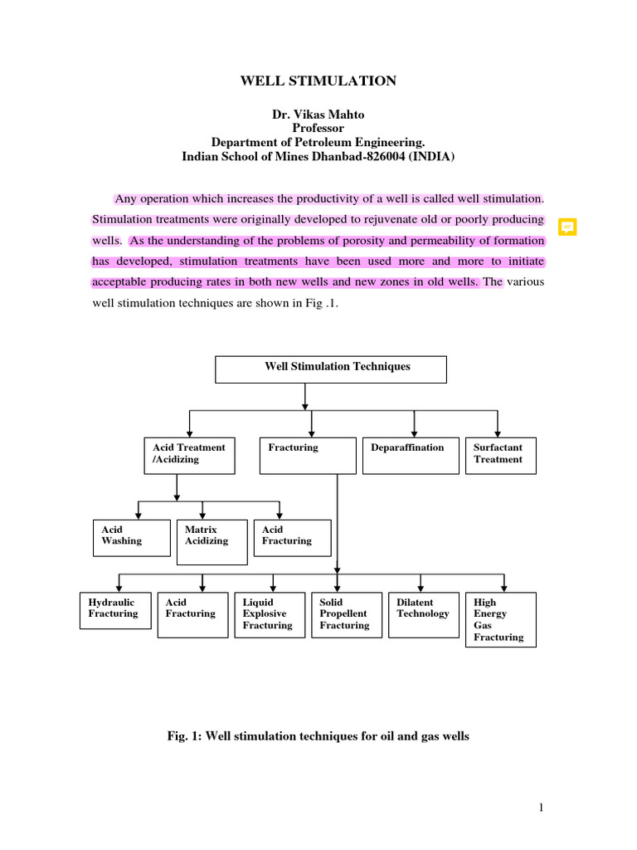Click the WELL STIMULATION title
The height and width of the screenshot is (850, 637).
tap(318, 81)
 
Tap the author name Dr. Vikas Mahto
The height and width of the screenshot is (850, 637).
tap(318, 115)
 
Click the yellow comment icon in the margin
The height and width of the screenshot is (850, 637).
tap(567, 227)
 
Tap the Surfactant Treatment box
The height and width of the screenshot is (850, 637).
tap(500, 456)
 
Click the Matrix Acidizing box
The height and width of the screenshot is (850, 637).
tap(212, 542)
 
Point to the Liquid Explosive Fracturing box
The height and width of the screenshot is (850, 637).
tap(269, 614)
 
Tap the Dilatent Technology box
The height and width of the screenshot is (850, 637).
tap(423, 614)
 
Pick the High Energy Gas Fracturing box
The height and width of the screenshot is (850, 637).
tap(500, 619)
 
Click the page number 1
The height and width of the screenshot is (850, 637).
tap(541, 808)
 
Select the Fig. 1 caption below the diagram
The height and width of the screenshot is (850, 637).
tap(318, 736)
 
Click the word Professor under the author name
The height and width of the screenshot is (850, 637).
tap(318, 129)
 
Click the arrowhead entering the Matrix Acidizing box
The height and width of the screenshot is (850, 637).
tap(202, 515)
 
